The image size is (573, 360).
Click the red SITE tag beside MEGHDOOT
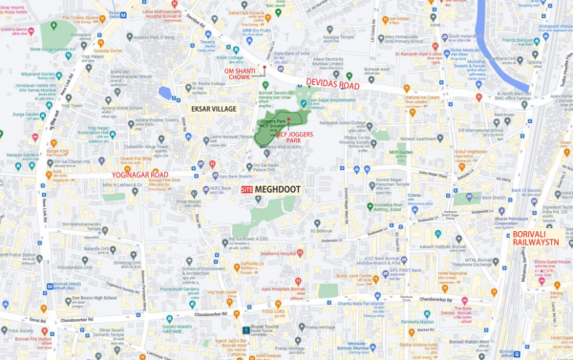[248, 191]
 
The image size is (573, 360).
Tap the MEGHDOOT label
[278, 190]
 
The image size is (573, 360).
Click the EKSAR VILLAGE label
[214, 110]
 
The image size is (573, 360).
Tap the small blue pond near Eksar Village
[166, 94]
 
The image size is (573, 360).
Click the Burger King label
[57, 151]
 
